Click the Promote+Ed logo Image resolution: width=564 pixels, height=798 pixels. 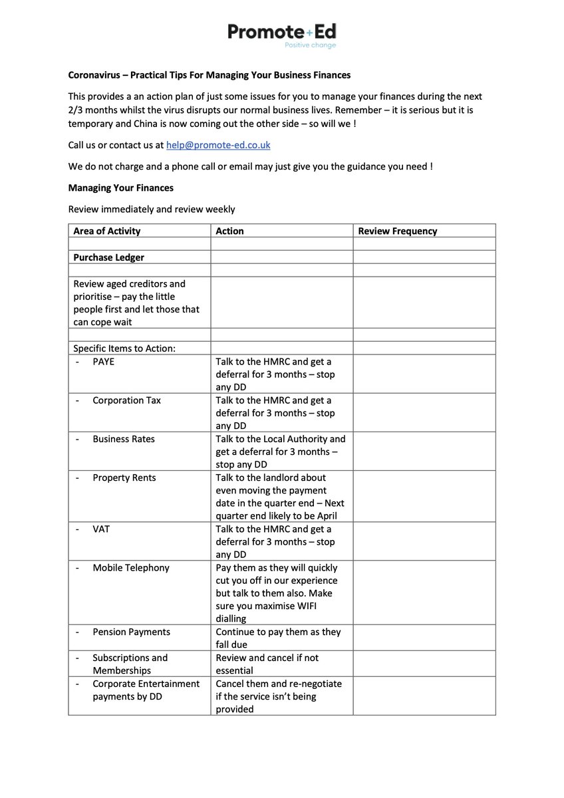[x=282, y=31]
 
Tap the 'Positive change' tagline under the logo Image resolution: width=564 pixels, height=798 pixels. [x=310, y=45]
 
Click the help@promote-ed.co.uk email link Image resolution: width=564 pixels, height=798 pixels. [x=218, y=145]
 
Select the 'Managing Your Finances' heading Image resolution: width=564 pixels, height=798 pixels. [x=120, y=188]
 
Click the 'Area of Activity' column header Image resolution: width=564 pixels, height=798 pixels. [x=106, y=231]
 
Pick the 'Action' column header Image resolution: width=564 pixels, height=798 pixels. [x=229, y=231]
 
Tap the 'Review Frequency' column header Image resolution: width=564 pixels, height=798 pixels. [x=397, y=231]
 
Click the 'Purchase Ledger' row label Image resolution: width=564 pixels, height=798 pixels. [x=108, y=257]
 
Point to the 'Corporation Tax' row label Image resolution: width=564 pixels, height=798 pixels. [x=126, y=400]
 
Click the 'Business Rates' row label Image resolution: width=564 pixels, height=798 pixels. [x=124, y=439]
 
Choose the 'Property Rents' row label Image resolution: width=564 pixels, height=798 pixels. [x=124, y=477]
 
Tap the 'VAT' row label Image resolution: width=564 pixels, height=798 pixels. [x=101, y=529]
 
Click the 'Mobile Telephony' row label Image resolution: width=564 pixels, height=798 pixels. [x=131, y=568]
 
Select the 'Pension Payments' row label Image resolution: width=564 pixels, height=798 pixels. [x=131, y=632]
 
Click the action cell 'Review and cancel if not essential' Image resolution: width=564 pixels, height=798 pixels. [x=267, y=664]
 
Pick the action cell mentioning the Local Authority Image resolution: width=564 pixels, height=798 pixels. [x=280, y=452]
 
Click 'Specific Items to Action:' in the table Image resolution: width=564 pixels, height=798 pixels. [x=124, y=348]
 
